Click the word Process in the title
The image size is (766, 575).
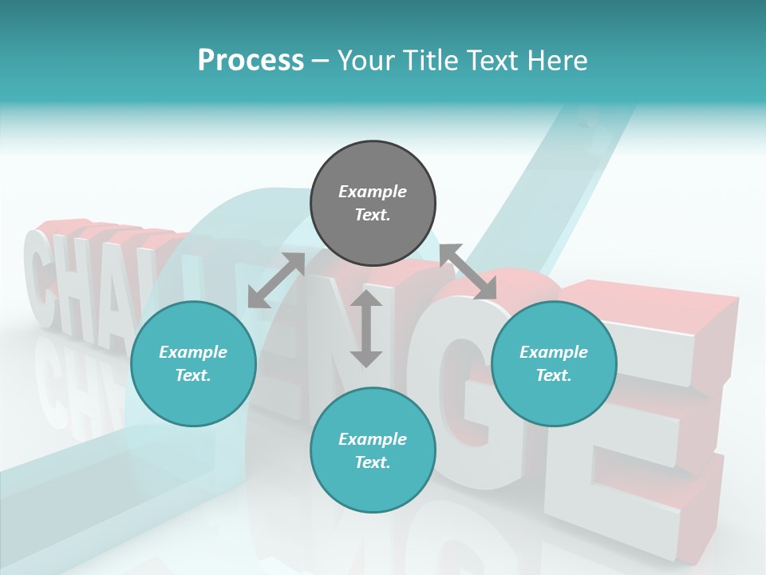(x=251, y=61)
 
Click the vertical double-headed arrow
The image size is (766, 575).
(x=366, y=328)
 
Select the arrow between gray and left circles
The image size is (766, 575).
(x=276, y=280)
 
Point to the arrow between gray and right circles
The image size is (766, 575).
(x=468, y=272)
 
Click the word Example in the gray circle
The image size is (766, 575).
(x=373, y=192)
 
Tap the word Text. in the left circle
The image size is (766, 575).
(x=193, y=375)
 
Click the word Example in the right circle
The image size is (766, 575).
(x=554, y=352)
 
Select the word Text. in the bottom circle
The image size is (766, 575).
(x=373, y=462)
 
